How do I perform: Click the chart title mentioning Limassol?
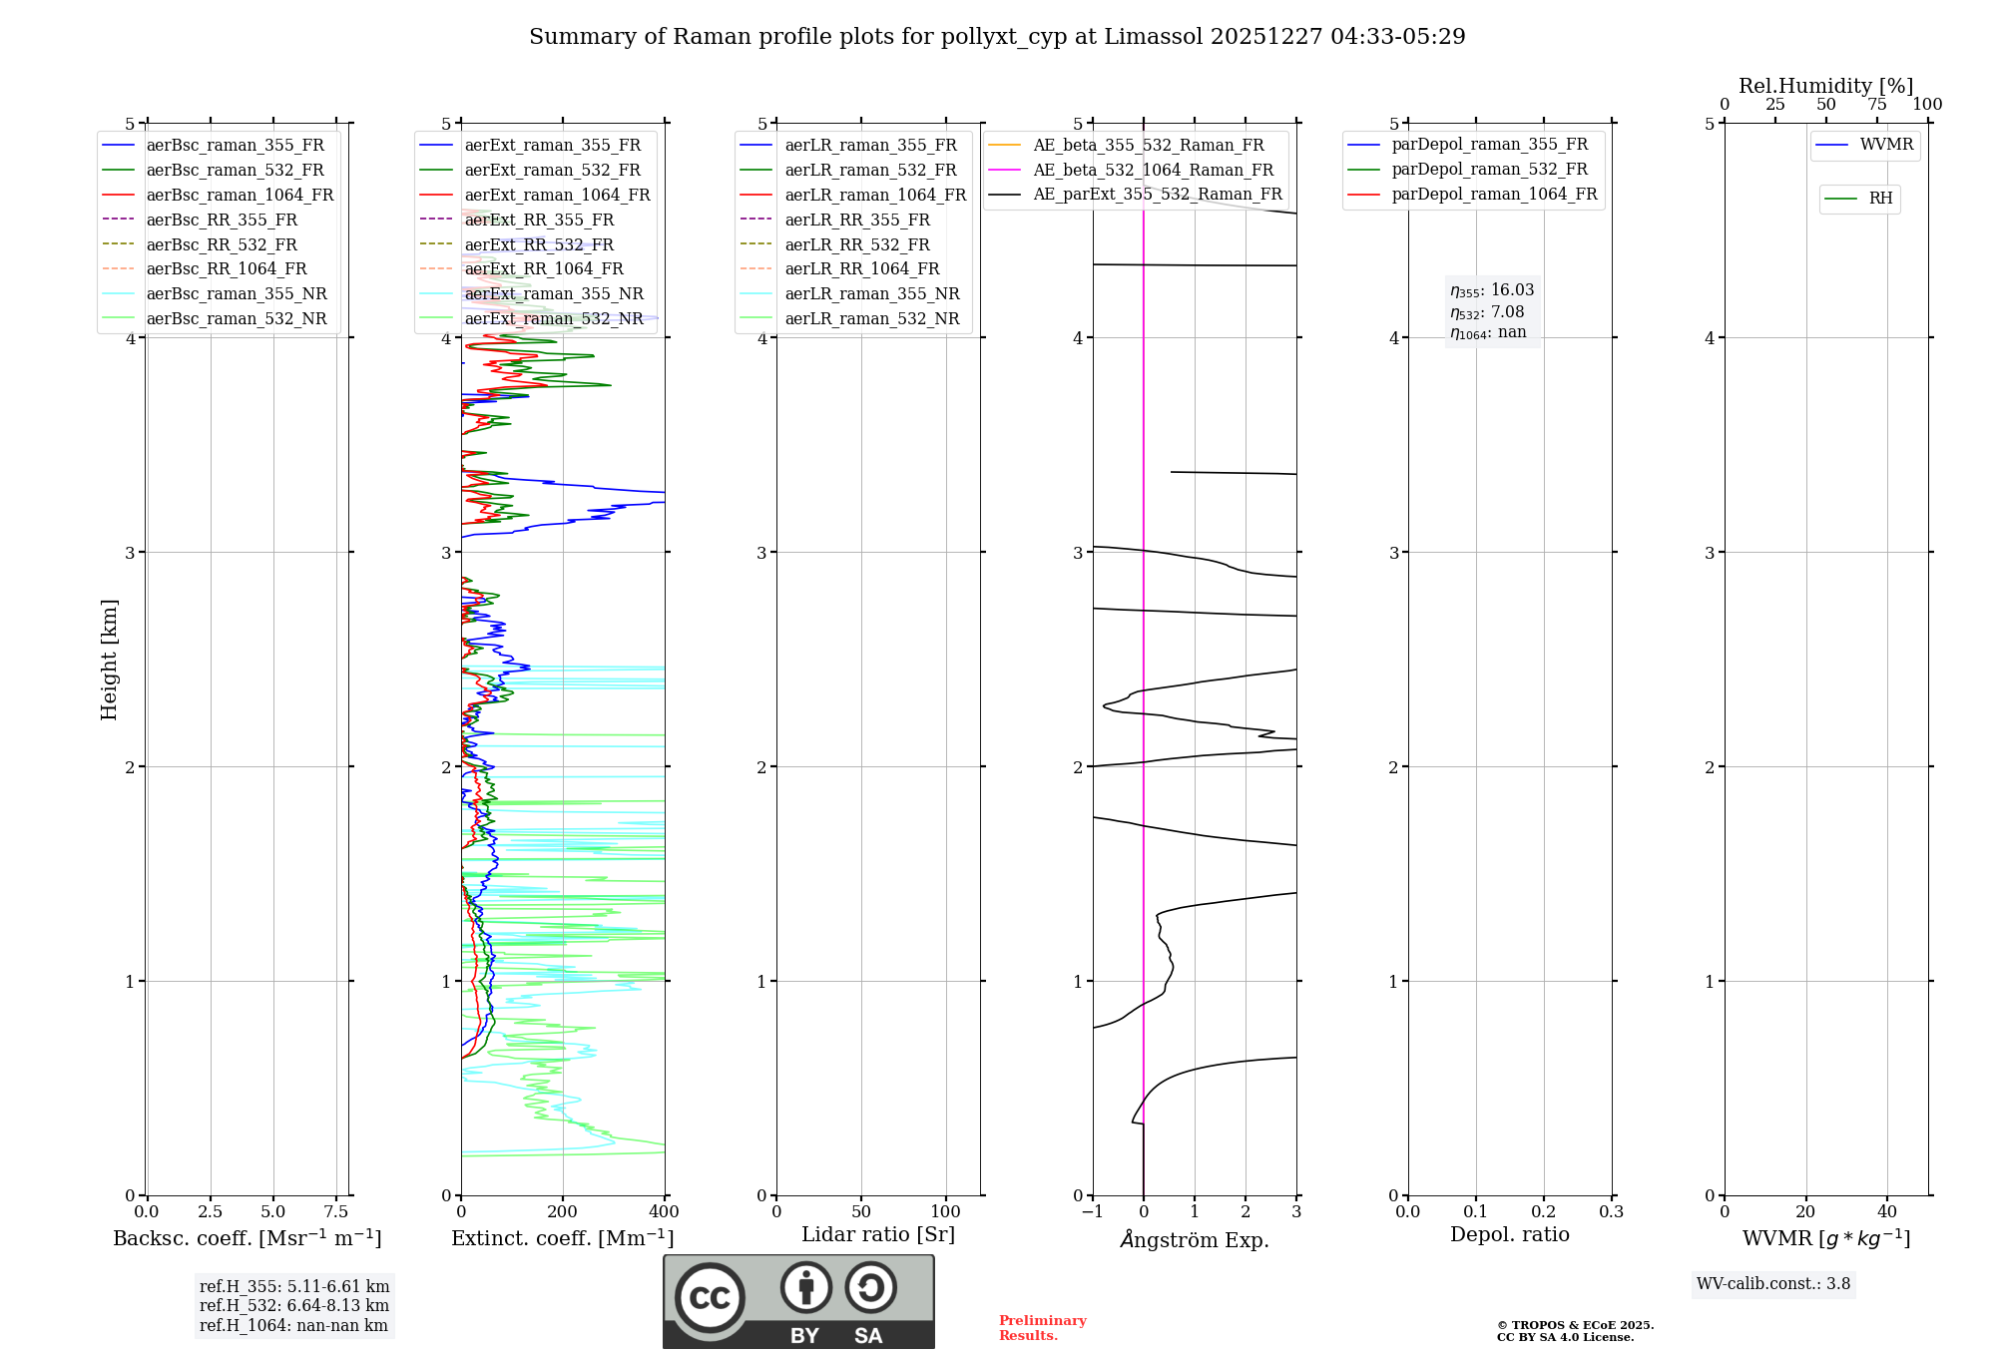pyautogui.click(x=997, y=37)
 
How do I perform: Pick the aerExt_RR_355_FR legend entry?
pyautogui.click(x=539, y=221)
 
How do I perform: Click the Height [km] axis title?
pyautogui.click(x=109, y=660)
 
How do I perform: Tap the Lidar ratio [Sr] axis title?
pyautogui.click(x=878, y=1235)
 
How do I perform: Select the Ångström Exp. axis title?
pyautogui.click(x=1195, y=1239)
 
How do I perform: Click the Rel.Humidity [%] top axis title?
pyautogui.click(x=1825, y=86)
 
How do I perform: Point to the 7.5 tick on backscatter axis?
pyautogui.click(x=336, y=1212)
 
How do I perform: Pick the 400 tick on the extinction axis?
pyautogui.click(x=665, y=1212)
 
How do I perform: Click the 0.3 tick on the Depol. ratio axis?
pyautogui.click(x=1611, y=1212)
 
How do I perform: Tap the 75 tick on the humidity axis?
pyautogui.click(x=1877, y=105)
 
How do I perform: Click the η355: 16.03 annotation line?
pyautogui.click(x=1492, y=290)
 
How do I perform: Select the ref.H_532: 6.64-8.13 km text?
pyautogui.click(x=294, y=1306)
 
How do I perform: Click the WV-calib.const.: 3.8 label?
pyautogui.click(x=1773, y=1284)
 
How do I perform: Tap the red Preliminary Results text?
pyautogui.click(x=1042, y=1328)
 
